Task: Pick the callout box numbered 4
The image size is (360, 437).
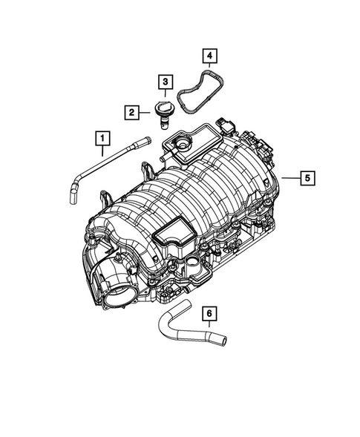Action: click(210, 55)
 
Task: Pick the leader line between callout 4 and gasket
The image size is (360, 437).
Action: click(210, 66)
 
